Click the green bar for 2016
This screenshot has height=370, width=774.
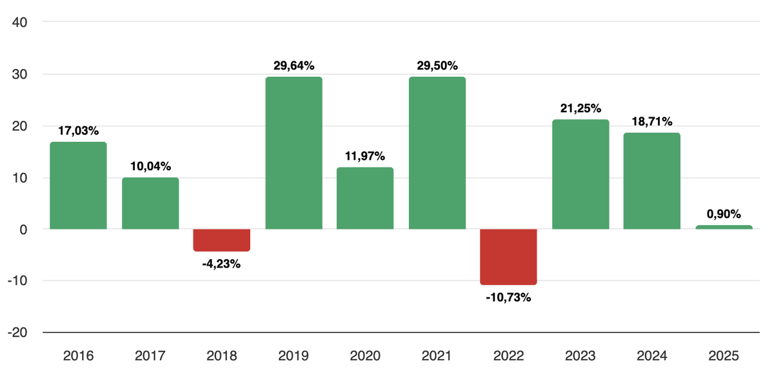78,186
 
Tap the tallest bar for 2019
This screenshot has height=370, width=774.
293,153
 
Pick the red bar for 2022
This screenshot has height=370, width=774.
508,257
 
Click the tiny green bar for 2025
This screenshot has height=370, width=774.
724,227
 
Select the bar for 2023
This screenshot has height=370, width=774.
580,174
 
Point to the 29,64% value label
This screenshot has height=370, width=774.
293,65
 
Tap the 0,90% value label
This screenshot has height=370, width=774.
724,213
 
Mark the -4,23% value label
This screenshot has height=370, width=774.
222,264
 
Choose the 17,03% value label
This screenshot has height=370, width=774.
78,131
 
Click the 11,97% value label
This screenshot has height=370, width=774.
365,156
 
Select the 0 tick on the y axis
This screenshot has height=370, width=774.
23,229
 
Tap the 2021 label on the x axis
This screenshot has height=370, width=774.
437,355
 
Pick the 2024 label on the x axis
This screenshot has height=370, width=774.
651,355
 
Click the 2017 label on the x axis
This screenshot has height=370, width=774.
150,355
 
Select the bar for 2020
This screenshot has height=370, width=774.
365,198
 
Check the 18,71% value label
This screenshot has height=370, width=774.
651,121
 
